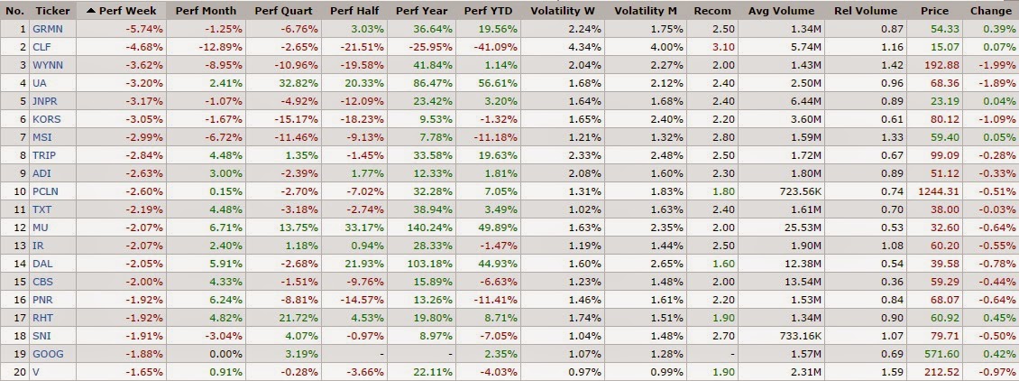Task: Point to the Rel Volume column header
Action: [867, 11]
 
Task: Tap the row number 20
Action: [16, 372]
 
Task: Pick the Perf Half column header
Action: [353, 11]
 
